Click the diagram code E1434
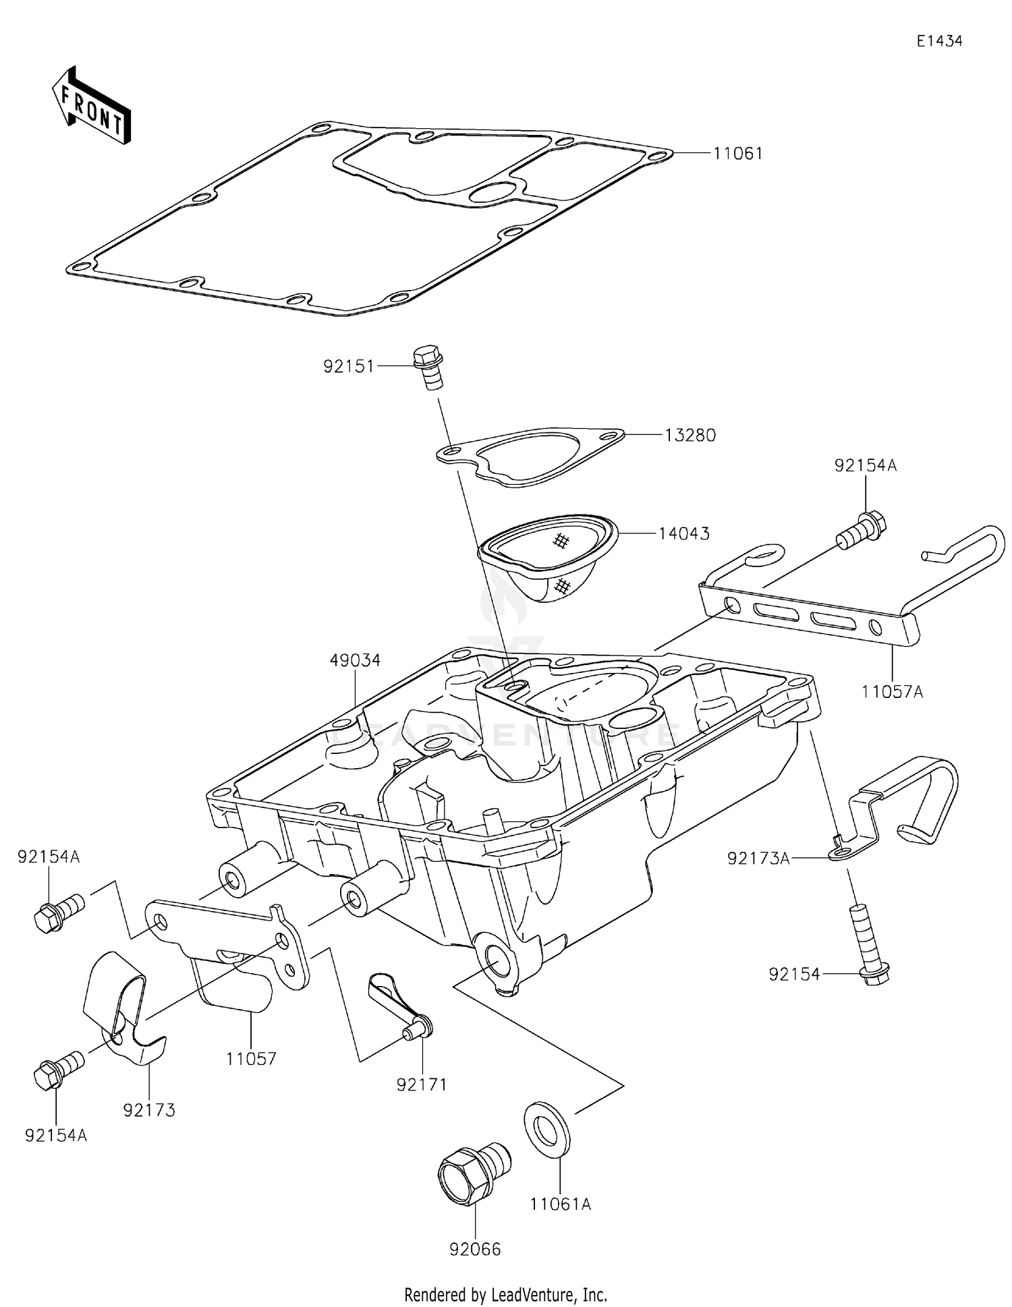[938, 41]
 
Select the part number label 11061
[738, 154]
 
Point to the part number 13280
[690, 436]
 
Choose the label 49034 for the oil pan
[355, 660]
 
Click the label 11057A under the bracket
[891, 691]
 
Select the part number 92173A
[758, 859]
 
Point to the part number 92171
[422, 1084]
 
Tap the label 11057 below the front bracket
[251, 1058]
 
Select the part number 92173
[149, 1109]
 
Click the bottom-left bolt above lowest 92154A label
[58, 1072]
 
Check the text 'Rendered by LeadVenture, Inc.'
[505, 1294]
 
